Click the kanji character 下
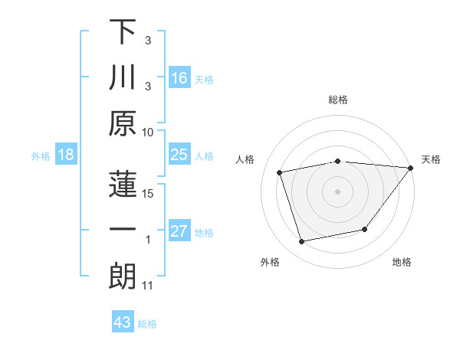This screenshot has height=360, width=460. (x=123, y=32)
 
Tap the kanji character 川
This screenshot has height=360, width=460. (x=123, y=78)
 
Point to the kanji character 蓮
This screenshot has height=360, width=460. (x=123, y=184)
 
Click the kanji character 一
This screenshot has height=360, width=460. (x=123, y=230)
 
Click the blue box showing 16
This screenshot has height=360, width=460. (x=179, y=78)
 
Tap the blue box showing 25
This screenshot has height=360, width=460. (x=179, y=155)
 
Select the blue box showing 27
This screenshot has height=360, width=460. (x=179, y=231)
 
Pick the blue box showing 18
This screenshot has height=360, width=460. (x=66, y=155)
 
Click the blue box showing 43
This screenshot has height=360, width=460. (x=123, y=322)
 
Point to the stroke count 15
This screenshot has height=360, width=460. (x=148, y=194)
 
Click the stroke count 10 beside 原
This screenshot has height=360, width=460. (x=148, y=133)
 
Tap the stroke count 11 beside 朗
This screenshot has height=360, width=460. (x=148, y=286)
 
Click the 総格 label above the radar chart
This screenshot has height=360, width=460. (x=338, y=100)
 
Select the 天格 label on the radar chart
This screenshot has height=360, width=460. (x=432, y=159)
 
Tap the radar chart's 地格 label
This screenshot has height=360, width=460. (x=402, y=263)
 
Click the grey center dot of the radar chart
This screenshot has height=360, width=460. (x=338, y=191)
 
